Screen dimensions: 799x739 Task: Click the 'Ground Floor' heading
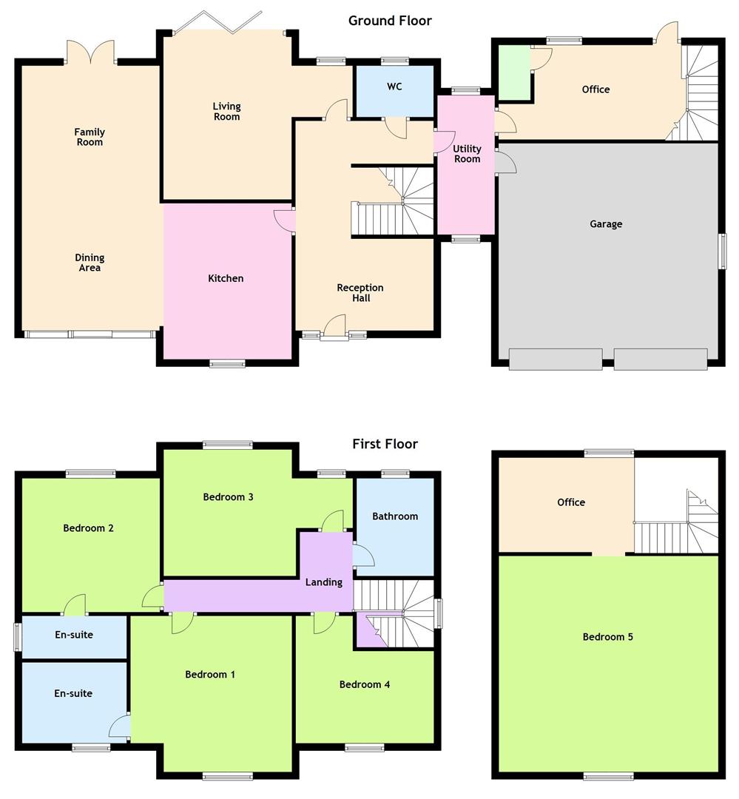(390, 21)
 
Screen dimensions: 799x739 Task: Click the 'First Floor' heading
(385, 444)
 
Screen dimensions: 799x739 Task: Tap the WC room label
(394, 87)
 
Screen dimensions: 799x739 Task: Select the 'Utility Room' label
(467, 154)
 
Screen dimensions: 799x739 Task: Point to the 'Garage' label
(606, 223)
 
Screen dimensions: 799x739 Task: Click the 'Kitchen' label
(226, 278)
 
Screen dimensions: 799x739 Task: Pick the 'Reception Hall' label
(360, 293)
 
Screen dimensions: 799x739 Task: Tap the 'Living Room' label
(226, 112)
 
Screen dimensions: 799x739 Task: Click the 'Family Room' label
(90, 137)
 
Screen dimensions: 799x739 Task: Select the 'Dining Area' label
(90, 263)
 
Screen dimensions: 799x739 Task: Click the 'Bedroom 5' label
(607, 636)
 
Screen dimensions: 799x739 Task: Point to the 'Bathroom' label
(395, 516)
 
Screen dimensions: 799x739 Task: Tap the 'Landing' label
(324, 582)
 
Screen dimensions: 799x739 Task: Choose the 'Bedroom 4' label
(364, 684)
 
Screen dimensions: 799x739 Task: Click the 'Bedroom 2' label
(88, 528)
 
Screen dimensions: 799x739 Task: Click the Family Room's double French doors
(91, 53)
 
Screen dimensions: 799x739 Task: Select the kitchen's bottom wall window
(227, 363)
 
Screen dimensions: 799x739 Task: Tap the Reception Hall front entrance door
(334, 329)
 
